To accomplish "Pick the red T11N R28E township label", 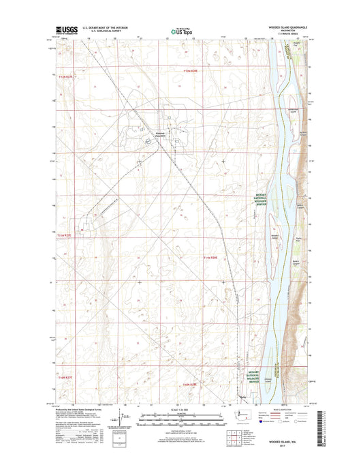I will pyautogui.click(x=210, y=257).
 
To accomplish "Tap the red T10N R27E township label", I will pyautogui.click(x=65, y=376).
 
